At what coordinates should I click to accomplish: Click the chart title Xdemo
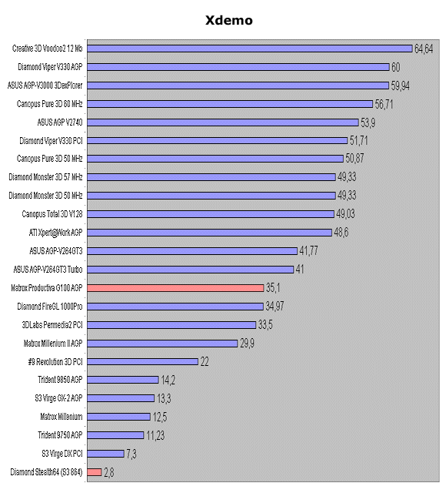[x=228, y=21]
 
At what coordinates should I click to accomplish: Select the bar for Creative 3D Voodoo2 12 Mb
[x=250, y=49]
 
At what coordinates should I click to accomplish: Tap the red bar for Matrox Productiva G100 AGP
[x=176, y=287]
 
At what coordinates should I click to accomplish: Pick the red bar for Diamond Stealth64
[x=95, y=471]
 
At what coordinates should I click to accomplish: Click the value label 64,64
[x=424, y=49]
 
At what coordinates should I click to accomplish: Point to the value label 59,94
[x=401, y=85]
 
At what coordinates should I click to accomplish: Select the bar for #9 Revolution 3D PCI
[x=143, y=361]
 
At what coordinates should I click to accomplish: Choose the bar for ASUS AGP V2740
[x=223, y=122]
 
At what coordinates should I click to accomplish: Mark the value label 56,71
[x=384, y=103]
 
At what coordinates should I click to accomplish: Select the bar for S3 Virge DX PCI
[x=106, y=453]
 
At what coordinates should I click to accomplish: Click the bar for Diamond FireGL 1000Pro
[x=175, y=306]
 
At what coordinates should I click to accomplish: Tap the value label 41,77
[x=310, y=250]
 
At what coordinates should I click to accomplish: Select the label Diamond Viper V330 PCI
[x=51, y=140]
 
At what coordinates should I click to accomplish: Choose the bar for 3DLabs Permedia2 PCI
[x=171, y=324]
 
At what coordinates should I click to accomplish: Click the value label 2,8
[x=109, y=471]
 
